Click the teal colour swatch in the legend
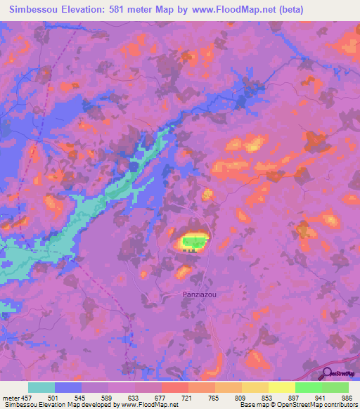[x=41, y=387]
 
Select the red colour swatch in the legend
[x=175, y=387]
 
